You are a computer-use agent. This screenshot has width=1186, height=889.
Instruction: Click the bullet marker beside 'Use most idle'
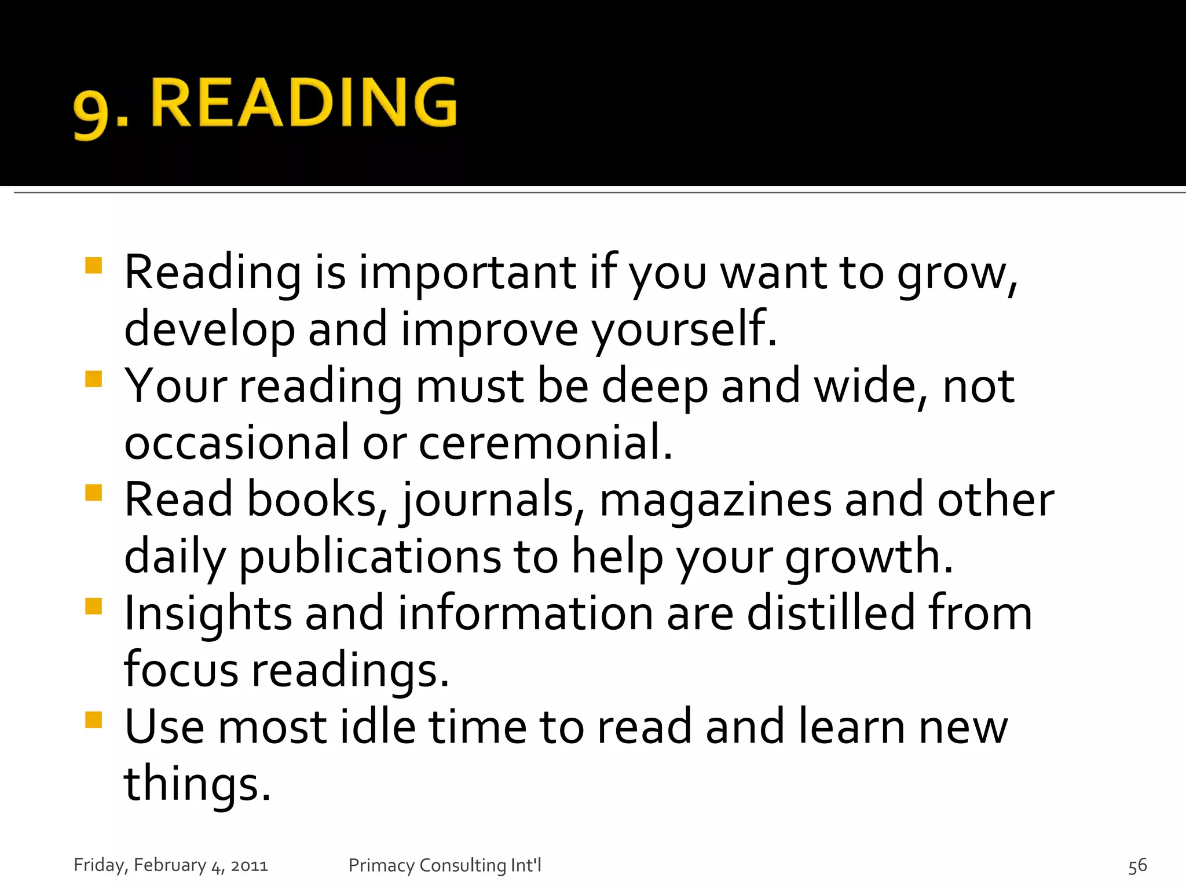[x=93, y=720]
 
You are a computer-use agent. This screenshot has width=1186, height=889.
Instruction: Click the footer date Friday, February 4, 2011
[x=171, y=865]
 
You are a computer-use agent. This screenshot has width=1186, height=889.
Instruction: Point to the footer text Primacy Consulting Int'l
[x=445, y=865]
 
